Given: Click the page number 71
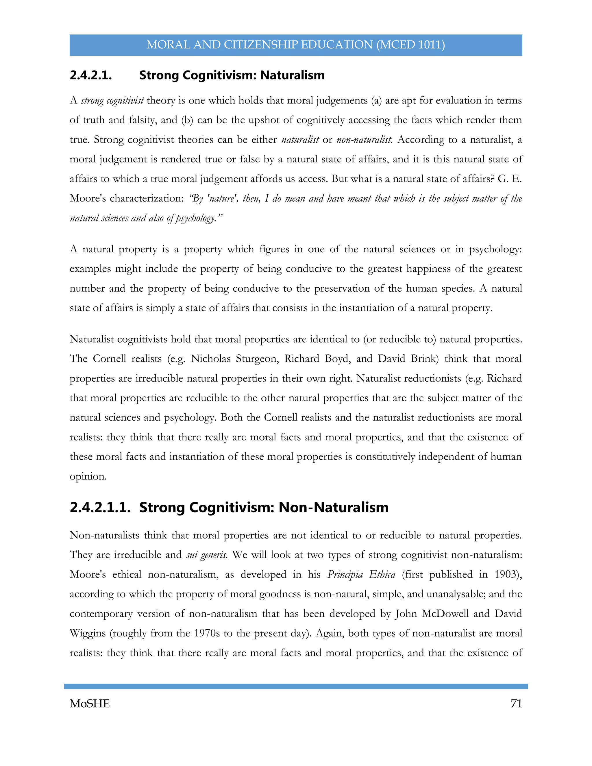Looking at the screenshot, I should [516, 704].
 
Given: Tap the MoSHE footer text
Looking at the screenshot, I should [90, 704].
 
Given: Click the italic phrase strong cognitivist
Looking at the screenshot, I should [112, 101].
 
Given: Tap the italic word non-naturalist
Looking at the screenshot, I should [364, 140].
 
